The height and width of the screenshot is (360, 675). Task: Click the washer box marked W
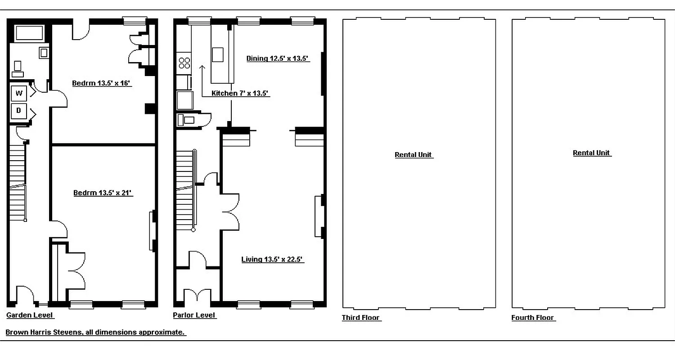19,93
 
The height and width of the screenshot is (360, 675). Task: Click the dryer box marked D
19,111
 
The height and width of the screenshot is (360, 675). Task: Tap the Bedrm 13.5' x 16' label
102,83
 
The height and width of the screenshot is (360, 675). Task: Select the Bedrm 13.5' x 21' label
103,193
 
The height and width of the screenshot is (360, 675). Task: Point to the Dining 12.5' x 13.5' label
278,58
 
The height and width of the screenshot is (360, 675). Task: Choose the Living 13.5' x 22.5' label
272,259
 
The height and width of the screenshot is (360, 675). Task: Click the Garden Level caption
30,315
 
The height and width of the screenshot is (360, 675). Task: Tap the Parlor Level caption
194,315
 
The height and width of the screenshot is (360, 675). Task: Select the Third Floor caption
361,318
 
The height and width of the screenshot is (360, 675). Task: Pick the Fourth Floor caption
533,318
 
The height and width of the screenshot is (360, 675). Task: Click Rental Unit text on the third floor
414,155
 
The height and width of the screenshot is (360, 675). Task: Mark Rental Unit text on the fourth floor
591,153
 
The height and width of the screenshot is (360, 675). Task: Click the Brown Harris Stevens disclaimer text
95,333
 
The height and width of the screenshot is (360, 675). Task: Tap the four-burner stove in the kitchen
184,62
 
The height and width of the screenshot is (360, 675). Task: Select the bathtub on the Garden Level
29,33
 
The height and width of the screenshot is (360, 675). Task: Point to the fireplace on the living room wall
319,216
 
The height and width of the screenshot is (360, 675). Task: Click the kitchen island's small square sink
218,54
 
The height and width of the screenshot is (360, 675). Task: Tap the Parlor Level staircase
184,189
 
